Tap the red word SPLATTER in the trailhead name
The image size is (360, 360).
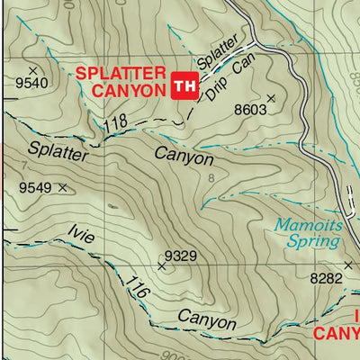(x=120, y=73)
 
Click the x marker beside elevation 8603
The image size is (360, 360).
(x=270, y=98)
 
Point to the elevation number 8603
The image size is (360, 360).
(x=251, y=110)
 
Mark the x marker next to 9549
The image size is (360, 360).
(x=62, y=187)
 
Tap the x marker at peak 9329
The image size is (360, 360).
(x=162, y=265)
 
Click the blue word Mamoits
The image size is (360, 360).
(x=309, y=224)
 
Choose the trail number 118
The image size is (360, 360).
(x=114, y=125)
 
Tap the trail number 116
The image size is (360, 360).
(x=137, y=290)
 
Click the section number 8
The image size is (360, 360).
(x=211, y=179)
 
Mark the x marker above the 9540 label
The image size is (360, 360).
(x=33, y=69)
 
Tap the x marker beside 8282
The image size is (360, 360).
(x=352, y=278)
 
